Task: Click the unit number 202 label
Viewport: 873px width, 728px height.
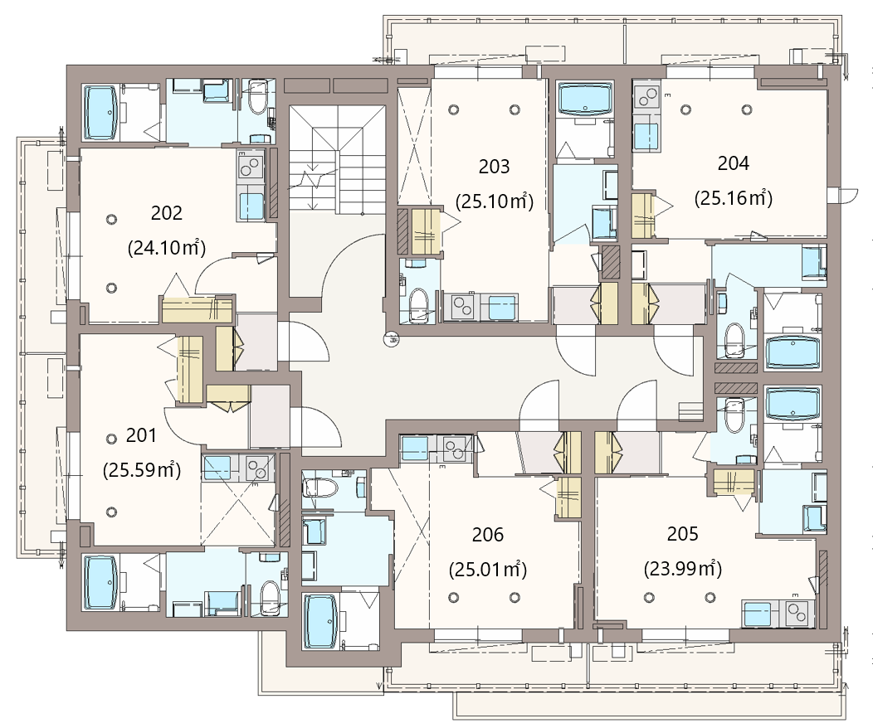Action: pos(167,213)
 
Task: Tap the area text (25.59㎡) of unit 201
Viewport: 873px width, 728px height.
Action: pos(142,470)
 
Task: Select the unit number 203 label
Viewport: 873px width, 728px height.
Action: pos(494,167)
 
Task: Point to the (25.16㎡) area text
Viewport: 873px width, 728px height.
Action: pos(734,198)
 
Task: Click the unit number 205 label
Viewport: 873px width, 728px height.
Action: pos(683,534)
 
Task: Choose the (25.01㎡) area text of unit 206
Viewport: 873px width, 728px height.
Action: pos(488,570)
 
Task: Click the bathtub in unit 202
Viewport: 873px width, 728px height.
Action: pos(100,112)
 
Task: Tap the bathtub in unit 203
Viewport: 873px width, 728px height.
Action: pos(584,99)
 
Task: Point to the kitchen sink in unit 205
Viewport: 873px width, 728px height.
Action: pos(759,614)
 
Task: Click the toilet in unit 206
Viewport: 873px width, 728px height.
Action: pos(320,488)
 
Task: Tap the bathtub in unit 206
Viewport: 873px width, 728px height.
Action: pos(320,621)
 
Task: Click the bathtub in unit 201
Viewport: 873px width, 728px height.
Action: pos(100,583)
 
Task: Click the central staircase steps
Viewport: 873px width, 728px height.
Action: pos(337,160)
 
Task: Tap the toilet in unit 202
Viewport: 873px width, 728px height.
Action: pos(257,99)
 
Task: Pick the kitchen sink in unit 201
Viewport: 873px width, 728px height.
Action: pos(217,468)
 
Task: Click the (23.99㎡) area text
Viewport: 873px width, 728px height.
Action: pos(683,569)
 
